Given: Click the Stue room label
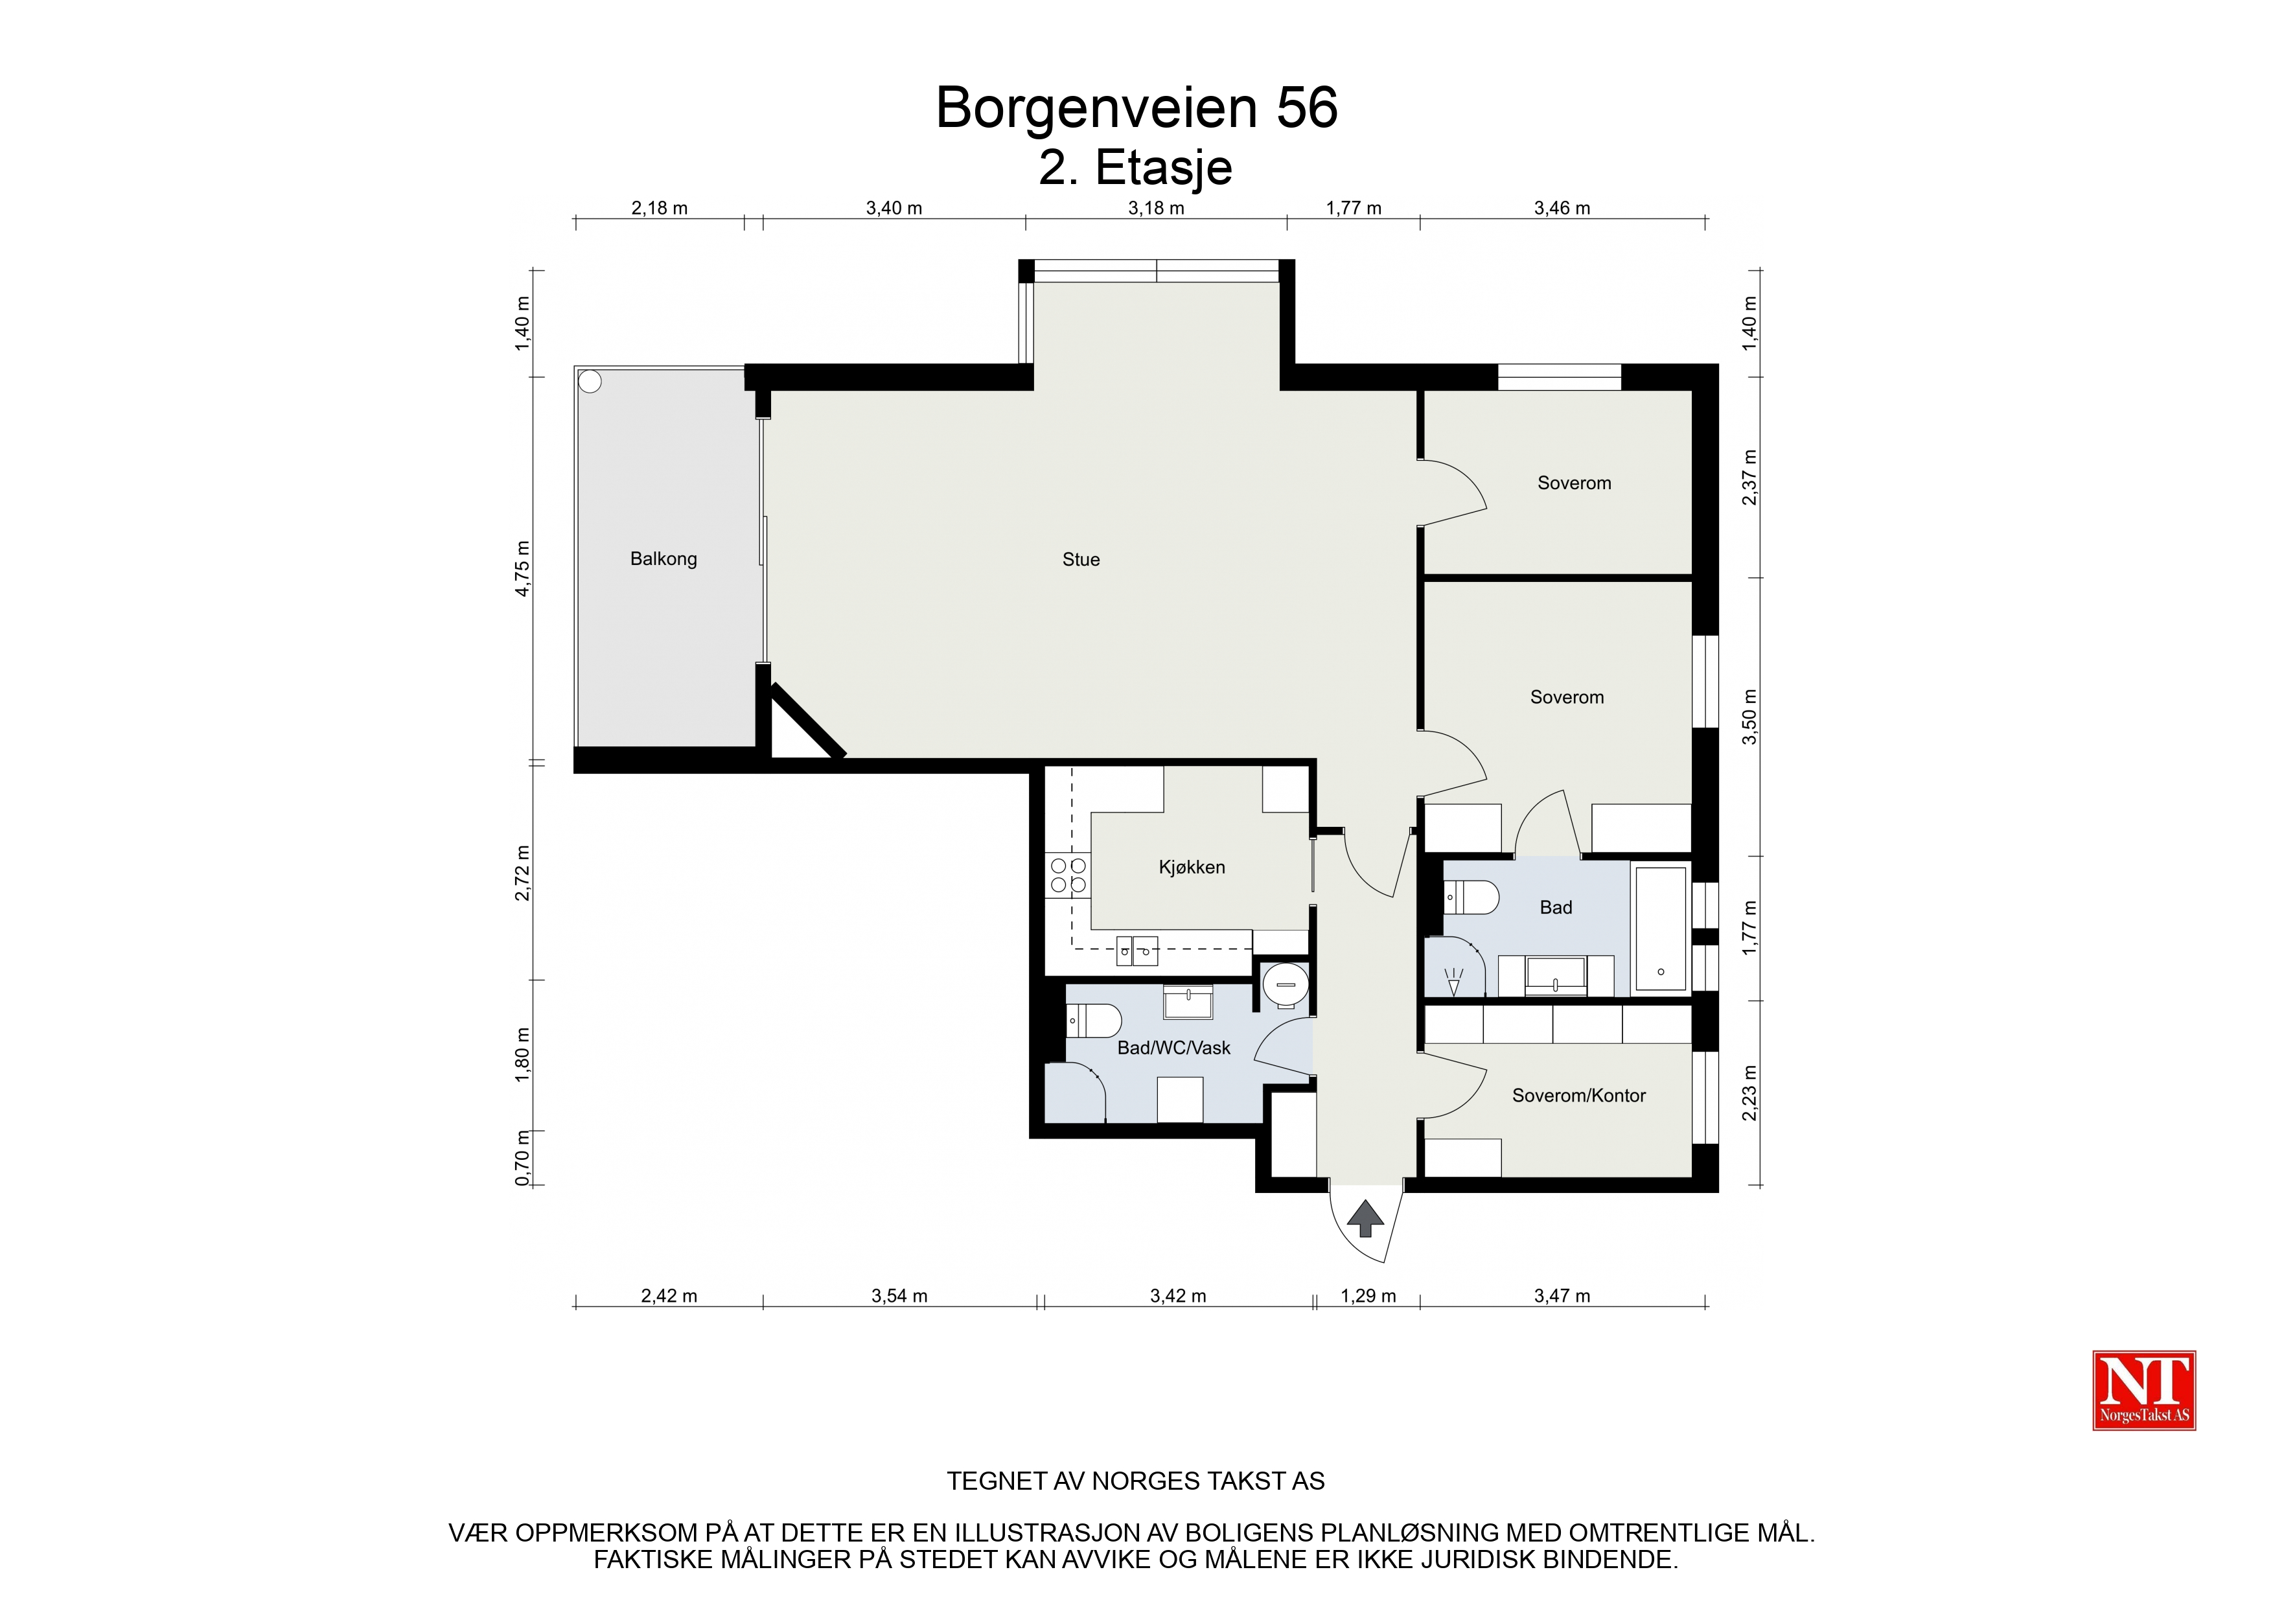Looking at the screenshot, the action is (x=1080, y=559).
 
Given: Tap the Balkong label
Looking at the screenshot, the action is (x=663, y=559).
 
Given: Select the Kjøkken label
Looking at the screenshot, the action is (x=1192, y=868).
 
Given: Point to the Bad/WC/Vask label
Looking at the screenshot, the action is (x=1173, y=1048).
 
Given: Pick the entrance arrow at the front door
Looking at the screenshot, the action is (x=1366, y=1218).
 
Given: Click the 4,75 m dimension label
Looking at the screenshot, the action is (x=523, y=568).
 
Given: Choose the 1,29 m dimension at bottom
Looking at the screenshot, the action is (x=1368, y=1296).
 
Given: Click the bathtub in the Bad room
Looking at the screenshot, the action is (x=1660, y=928).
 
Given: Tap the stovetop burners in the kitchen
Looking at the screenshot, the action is (x=1068, y=875).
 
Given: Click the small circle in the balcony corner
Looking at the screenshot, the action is (x=590, y=381).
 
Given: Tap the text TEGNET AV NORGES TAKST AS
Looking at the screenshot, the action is (x=1135, y=1481).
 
